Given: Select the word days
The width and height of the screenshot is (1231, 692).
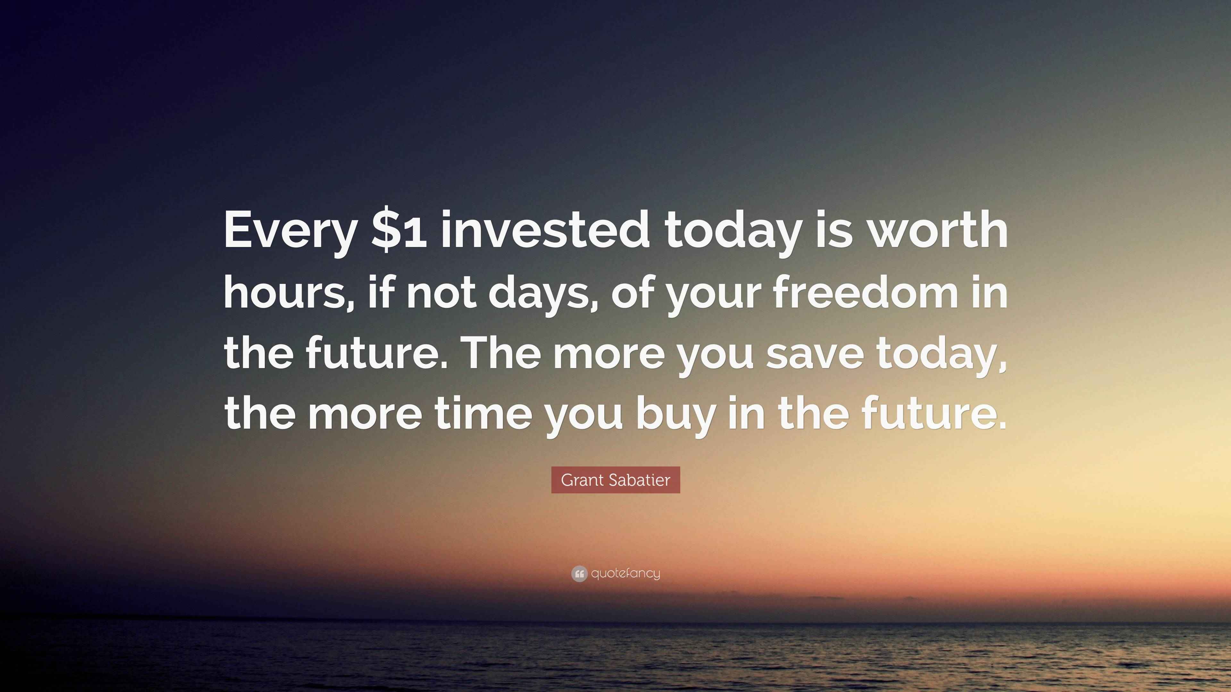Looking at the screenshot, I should [x=542, y=292].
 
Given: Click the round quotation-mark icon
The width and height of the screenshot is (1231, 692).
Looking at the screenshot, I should [x=579, y=573].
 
